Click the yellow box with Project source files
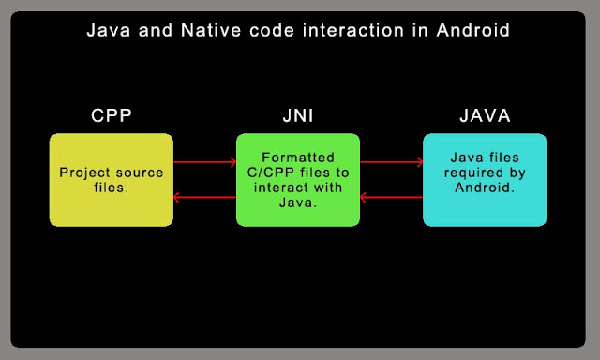pyautogui.click(x=111, y=180)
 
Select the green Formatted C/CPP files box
pyautogui.click(x=297, y=180)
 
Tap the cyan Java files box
pyautogui.click(x=484, y=180)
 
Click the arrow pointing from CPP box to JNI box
pyautogui.click(x=204, y=161)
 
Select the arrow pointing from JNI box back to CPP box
pyautogui.click(x=204, y=198)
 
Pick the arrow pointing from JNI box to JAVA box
pyautogui.click(x=391, y=161)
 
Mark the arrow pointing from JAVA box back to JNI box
pyautogui.click(x=391, y=198)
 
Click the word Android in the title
pyautogui.click(x=474, y=31)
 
